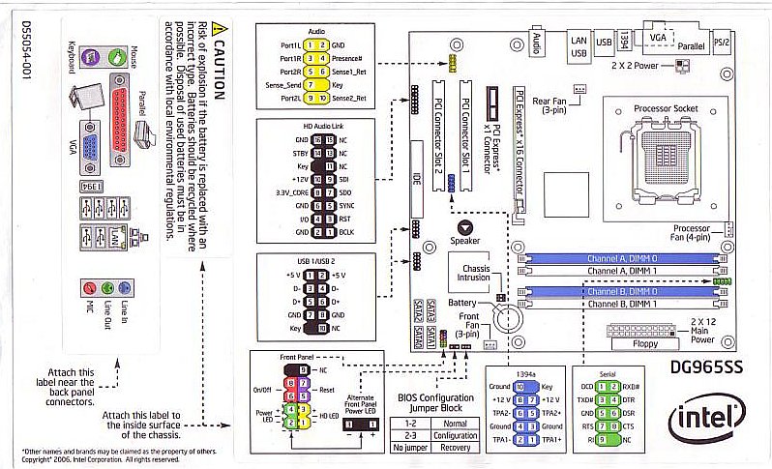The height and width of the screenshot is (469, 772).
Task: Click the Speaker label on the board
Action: [x=464, y=240]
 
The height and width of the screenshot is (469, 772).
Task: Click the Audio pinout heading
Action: [x=315, y=31]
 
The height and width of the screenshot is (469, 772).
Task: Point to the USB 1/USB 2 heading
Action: [x=315, y=262]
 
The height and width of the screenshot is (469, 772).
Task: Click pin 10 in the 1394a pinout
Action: [x=520, y=386]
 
